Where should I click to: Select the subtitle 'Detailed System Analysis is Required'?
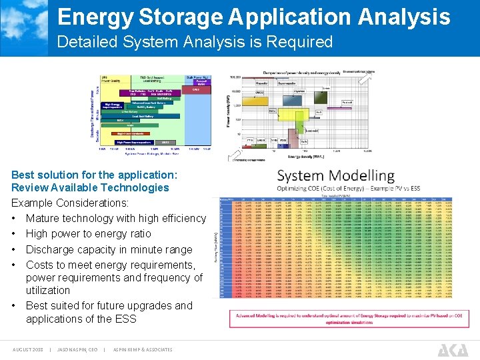[x=195, y=42]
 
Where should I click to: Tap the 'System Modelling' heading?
[x=336, y=176]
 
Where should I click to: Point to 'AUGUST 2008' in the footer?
[x=28, y=349]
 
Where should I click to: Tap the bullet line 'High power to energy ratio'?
[x=88, y=233]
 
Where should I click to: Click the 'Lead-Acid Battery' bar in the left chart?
[x=139, y=116]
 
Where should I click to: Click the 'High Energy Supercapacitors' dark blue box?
[x=113, y=105]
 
